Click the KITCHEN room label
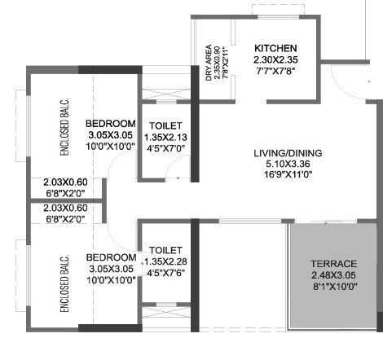click(x=275, y=48)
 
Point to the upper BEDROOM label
click(x=111, y=123)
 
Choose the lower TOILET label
click(x=165, y=250)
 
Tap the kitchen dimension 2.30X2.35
click(x=275, y=60)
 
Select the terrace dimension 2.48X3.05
click(x=334, y=276)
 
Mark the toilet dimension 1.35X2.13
click(x=165, y=138)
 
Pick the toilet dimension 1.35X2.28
click(x=165, y=261)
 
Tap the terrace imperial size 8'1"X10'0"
click(x=334, y=287)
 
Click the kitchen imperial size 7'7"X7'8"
click(x=275, y=72)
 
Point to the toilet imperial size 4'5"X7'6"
click(x=165, y=273)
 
